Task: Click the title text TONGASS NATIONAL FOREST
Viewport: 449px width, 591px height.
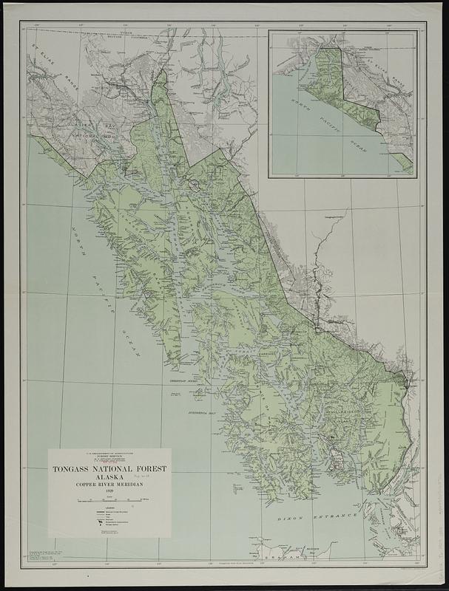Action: [109, 468]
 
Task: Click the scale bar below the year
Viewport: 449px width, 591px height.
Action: [109, 502]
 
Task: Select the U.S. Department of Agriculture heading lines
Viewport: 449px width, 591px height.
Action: [109, 455]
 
